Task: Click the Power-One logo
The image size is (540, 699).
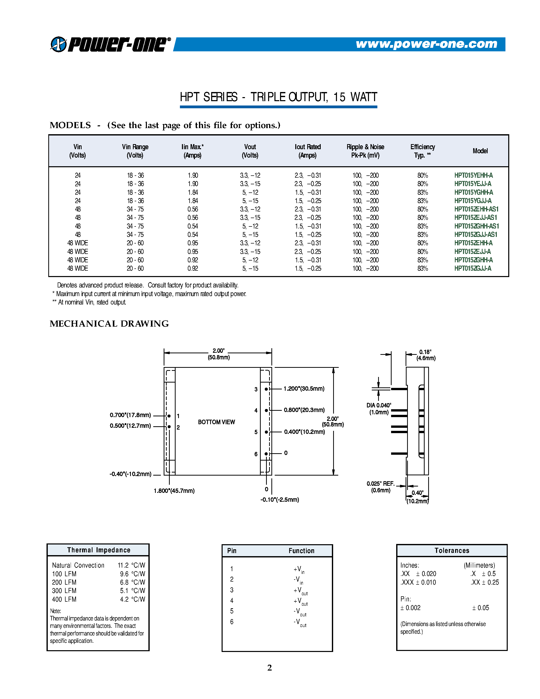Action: [x=110, y=44]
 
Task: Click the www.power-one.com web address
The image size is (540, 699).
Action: [x=426, y=44]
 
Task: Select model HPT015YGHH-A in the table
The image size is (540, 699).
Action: [x=473, y=192]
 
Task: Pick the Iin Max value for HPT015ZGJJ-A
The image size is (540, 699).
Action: [x=193, y=268]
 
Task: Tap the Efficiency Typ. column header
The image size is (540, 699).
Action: [x=423, y=151]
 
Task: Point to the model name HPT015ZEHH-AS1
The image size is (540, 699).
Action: [x=476, y=209]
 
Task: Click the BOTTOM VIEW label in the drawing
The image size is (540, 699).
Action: [x=216, y=422]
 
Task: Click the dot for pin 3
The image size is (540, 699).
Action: [x=266, y=389]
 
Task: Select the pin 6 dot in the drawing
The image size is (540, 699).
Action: [x=266, y=454]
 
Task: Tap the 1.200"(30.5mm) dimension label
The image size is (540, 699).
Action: [x=304, y=389]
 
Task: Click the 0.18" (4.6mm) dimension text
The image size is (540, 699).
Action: [x=426, y=355]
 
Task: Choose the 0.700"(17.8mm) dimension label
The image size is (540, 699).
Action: [x=130, y=415]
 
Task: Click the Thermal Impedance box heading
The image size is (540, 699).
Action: [x=99, y=550]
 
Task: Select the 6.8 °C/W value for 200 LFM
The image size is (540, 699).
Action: [x=132, y=582]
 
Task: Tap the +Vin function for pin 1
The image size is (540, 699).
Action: [x=299, y=569]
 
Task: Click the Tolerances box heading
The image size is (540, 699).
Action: [x=452, y=551]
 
